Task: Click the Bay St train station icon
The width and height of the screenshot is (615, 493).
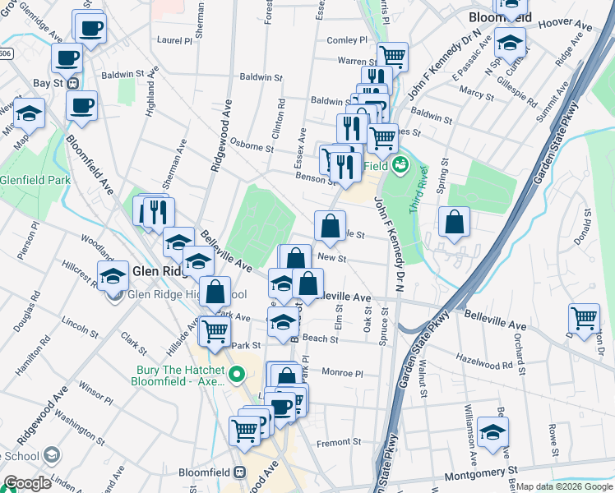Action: click(x=73, y=83)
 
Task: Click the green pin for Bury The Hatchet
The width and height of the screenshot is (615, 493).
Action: click(x=238, y=376)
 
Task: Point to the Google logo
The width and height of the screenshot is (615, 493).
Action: click(x=28, y=483)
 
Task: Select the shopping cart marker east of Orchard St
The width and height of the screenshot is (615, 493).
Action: click(x=584, y=316)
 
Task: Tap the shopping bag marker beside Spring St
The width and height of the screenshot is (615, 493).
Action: click(x=454, y=222)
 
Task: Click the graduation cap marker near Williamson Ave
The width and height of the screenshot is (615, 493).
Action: click(x=492, y=431)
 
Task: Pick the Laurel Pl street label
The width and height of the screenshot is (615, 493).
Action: click(x=173, y=39)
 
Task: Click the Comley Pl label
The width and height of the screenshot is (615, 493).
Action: click(x=347, y=40)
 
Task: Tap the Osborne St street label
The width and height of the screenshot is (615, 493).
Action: click(x=252, y=148)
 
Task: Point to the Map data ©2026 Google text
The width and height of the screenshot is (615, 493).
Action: click(x=563, y=486)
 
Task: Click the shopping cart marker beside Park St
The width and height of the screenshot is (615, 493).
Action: click(x=215, y=331)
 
